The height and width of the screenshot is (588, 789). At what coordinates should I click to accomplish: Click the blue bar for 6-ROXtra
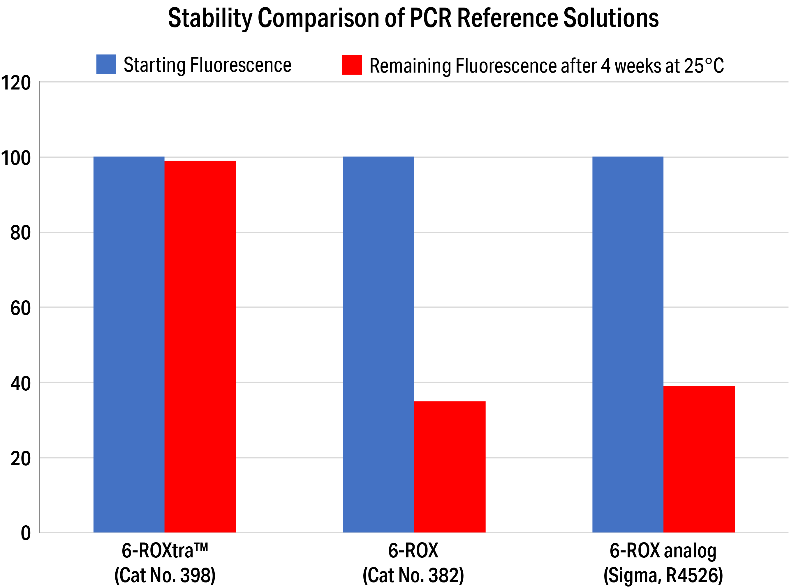129,344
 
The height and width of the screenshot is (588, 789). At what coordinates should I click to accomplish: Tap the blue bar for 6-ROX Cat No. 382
378,344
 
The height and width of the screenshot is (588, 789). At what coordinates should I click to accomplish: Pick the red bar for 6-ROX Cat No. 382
449,467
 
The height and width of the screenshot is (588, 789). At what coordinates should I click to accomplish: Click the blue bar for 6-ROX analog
628,344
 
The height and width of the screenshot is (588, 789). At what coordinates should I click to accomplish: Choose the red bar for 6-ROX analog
699,459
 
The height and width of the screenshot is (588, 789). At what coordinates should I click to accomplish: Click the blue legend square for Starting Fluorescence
106,64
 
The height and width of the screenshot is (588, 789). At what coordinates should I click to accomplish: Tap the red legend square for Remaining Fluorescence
351,65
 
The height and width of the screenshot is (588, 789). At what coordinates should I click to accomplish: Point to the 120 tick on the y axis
16,83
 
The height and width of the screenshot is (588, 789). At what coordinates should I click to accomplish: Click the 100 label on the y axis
16,158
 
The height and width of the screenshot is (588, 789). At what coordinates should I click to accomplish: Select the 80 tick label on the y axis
20,233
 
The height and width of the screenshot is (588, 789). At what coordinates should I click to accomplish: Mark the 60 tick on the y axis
20,308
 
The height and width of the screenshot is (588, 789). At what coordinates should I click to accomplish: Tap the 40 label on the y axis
20,384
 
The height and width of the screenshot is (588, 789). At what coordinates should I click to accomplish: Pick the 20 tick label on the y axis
20,459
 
